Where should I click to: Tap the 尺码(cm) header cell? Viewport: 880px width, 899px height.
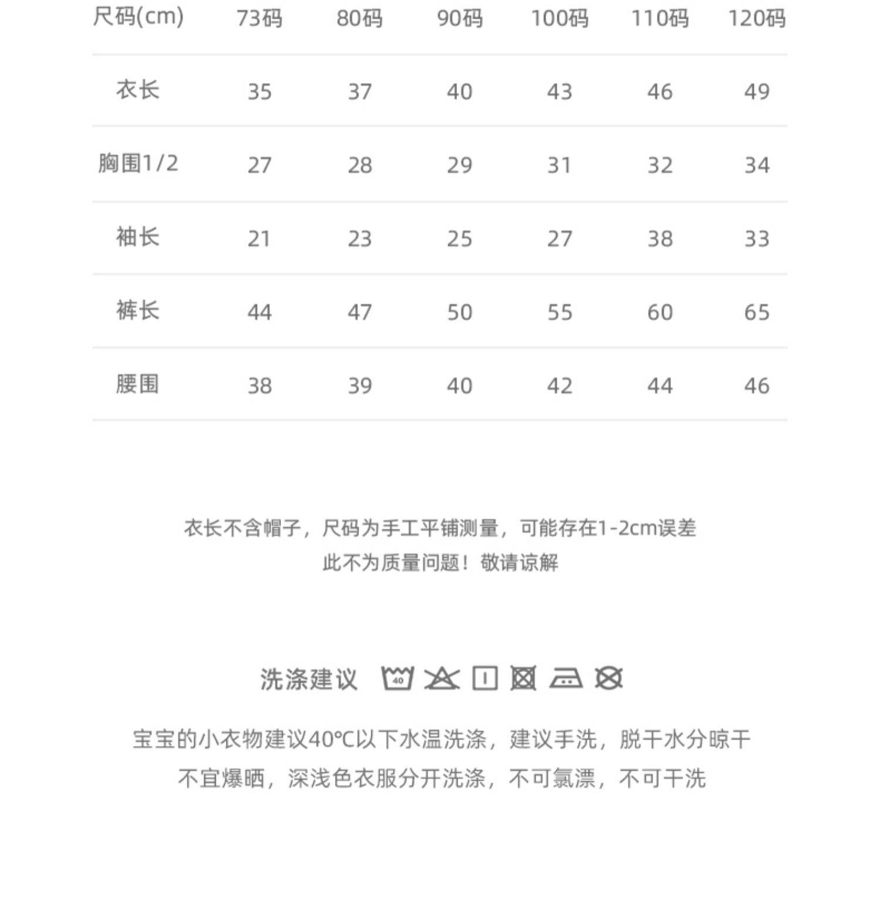(138, 16)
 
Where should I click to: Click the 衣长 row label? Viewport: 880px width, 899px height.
(138, 90)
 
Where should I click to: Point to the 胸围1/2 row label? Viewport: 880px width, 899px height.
(138, 163)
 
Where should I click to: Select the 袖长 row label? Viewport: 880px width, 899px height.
(138, 237)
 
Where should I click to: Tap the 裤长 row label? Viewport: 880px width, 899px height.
(138, 310)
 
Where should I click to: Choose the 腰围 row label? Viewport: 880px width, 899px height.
(138, 384)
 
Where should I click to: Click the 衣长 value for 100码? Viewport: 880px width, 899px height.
(559, 92)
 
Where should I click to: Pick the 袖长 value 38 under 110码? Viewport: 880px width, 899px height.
(659, 239)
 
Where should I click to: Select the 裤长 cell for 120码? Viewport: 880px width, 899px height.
(756, 312)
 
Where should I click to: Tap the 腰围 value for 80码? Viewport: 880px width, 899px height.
(360, 386)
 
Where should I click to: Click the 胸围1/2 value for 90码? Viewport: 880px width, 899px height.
(459, 165)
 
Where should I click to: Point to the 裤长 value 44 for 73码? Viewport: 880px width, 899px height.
(259, 312)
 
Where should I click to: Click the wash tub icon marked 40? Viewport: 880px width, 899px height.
(398, 678)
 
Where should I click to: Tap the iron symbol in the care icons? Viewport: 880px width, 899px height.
(566, 678)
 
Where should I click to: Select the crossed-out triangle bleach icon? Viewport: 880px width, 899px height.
(442, 678)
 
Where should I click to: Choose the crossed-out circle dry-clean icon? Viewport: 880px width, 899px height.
(609, 678)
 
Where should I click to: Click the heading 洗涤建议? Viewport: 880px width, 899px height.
(309, 680)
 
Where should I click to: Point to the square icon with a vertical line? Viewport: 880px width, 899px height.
(485, 678)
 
